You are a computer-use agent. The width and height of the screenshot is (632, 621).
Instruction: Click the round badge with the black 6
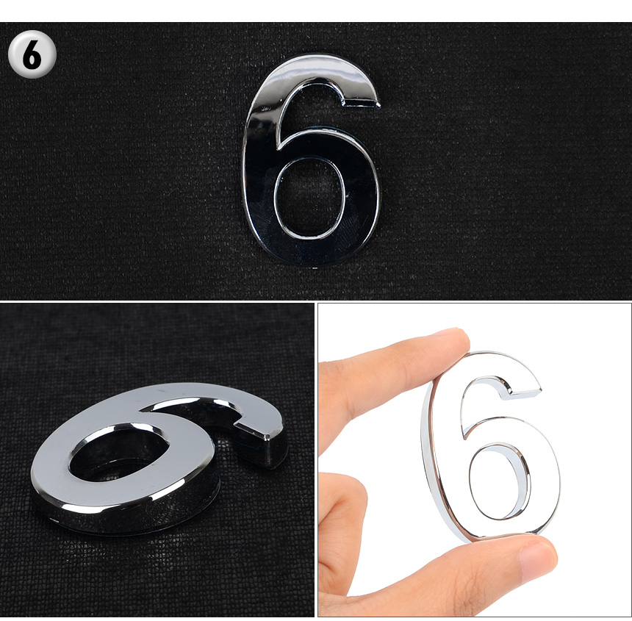point(32,54)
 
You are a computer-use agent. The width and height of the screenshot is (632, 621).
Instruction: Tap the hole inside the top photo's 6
point(309,198)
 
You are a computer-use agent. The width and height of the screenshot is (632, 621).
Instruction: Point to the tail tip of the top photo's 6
point(378,103)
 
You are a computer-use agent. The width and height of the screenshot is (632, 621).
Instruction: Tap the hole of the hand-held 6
point(500,481)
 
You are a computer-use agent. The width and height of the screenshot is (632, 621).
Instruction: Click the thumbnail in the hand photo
point(537,561)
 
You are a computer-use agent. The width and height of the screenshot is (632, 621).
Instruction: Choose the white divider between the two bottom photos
point(316,460)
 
